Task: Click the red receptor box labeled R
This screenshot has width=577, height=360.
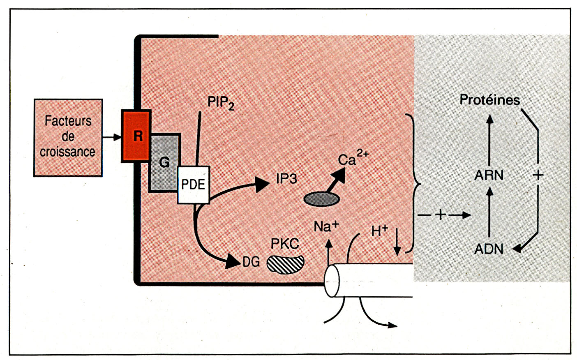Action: click(136, 136)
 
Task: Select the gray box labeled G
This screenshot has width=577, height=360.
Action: click(164, 162)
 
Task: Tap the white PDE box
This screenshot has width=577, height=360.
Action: click(193, 185)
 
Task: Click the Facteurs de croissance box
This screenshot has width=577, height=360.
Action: click(68, 137)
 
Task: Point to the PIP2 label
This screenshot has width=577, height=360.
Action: click(221, 102)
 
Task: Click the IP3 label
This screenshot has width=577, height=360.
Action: click(286, 179)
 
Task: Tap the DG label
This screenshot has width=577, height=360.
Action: click(251, 262)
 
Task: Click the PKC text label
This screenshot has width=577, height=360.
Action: click(285, 244)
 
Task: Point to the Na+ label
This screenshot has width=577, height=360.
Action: click(326, 226)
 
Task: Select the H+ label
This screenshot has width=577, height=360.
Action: click(379, 231)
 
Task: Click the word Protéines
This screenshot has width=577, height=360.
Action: click(489, 100)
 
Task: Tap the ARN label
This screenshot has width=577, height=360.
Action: click(489, 175)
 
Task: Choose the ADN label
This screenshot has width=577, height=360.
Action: click(489, 249)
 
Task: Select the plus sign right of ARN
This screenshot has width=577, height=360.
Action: click(538, 175)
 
